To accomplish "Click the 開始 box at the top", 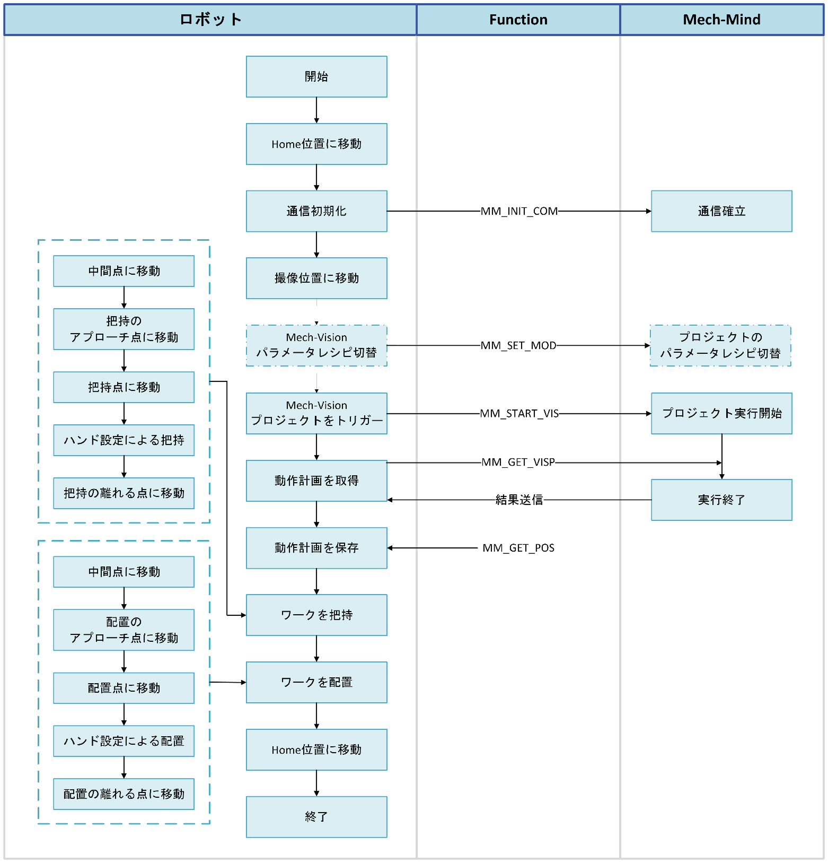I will [316, 76].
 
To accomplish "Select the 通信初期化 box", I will [316, 211].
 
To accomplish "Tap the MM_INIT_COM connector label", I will [519, 211].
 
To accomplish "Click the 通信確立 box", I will [721, 211].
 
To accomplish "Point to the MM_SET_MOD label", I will [518, 345].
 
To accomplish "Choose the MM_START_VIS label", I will [519, 413].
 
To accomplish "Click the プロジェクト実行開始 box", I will [721, 413].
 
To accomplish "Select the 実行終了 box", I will [721, 500].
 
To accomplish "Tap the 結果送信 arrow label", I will [519, 500].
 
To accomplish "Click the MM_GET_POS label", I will [518, 548].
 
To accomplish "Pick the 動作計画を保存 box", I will [316, 548].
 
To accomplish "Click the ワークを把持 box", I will [316, 615].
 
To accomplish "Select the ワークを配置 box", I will [316, 682].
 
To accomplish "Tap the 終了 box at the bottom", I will [316, 817].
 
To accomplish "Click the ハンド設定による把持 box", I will [124, 440].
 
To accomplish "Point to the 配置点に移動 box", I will [124, 688].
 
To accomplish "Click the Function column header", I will [518, 20].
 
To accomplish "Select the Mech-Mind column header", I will [721, 20].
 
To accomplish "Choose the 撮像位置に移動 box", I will [316, 278].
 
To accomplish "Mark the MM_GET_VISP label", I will [518, 462].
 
